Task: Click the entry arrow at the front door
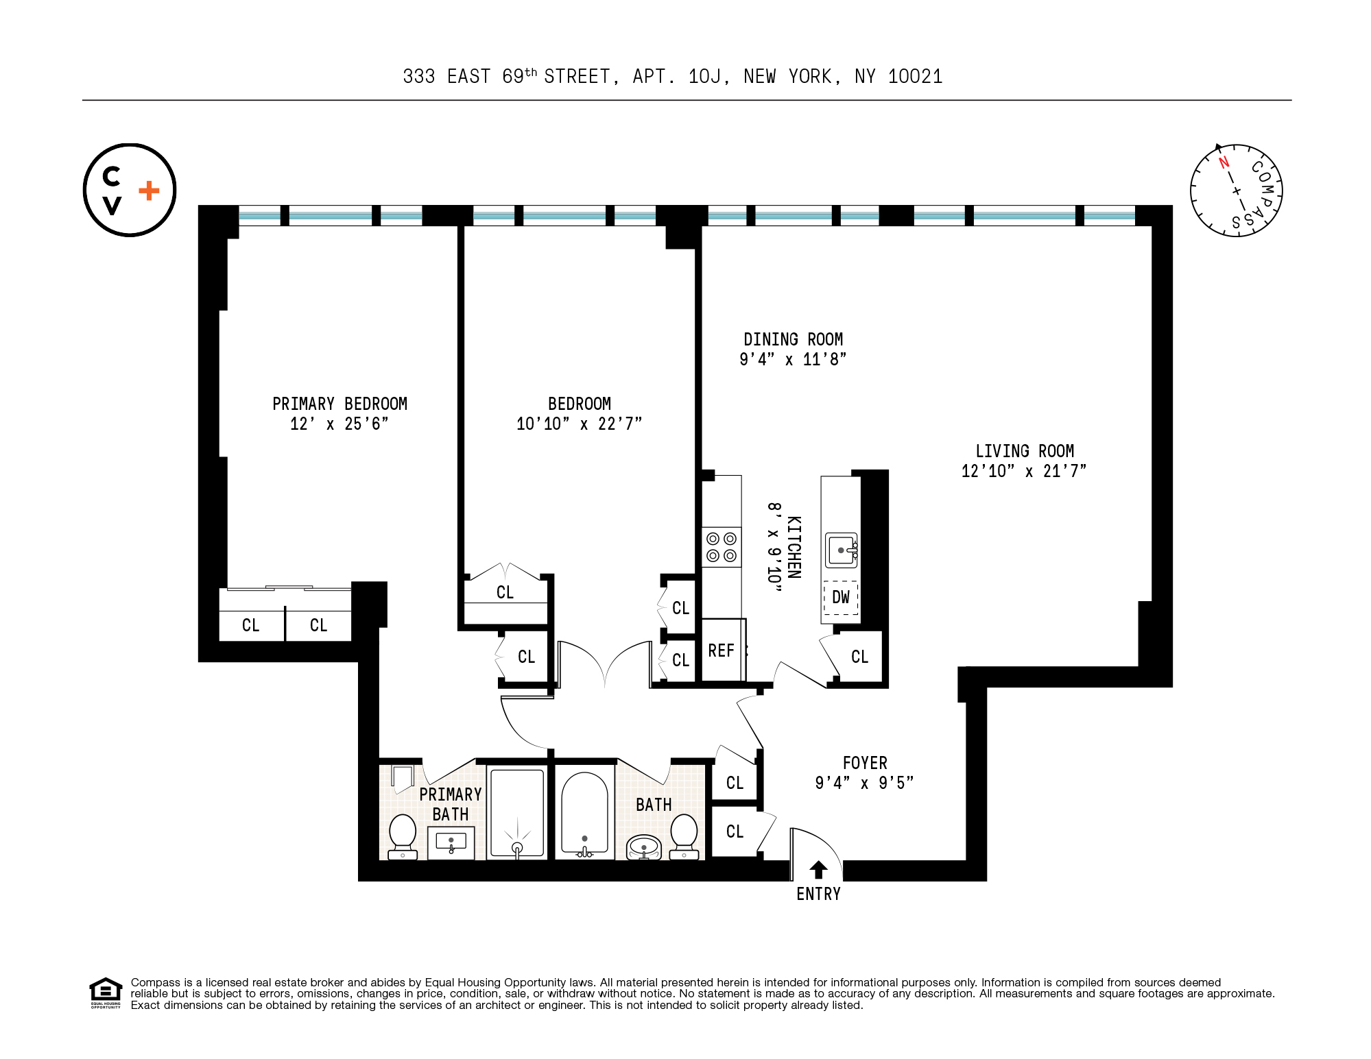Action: [818, 870]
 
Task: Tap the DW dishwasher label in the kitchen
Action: [841, 597]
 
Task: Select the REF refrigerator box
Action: [722, 650]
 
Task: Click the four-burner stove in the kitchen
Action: [722, 547]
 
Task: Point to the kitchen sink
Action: [842, 550]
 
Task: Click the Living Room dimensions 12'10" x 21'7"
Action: [1024, 471]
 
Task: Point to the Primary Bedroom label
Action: [339, 404]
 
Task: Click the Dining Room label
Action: [793, 340]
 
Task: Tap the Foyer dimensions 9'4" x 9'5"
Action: [864, 783]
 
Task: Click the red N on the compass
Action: [1224, 163]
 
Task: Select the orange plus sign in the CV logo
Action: [149, 191]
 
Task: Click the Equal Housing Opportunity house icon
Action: [106, 991]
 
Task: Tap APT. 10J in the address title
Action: [677, 77]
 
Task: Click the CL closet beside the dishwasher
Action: [859, 657]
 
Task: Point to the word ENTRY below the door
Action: [818, 894]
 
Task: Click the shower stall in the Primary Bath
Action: [518, 813]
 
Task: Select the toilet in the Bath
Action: [684, 836]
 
